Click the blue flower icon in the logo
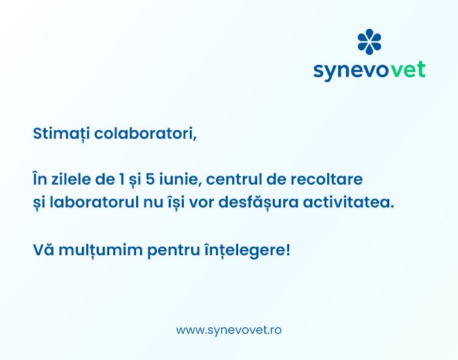[369, 42]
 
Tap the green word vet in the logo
[408, 69]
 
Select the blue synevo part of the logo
[352, 71]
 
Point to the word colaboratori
[145, 134]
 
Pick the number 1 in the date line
[122, 179]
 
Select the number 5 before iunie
[150, 179]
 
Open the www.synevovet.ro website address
[229, 330]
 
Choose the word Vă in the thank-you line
[44, 250]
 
